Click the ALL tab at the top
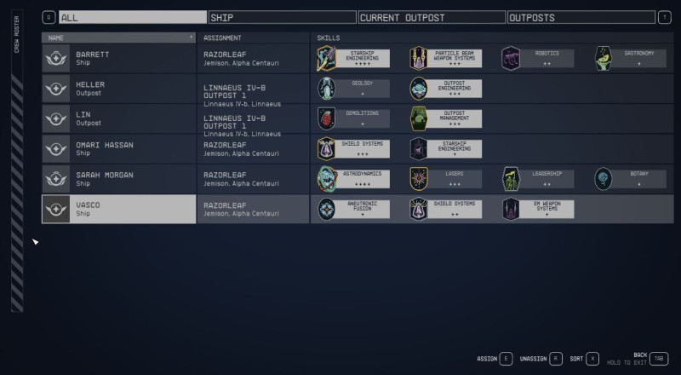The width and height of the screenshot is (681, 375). pyautogui.click(x=133, y=17)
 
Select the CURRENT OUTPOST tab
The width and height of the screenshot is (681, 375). pyautogui.click(x=431, y=17)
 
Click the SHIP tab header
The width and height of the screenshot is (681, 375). pyautogui.click(x=282, y=17)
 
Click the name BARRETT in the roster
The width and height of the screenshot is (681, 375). pyautogui.click(x=93, y=54)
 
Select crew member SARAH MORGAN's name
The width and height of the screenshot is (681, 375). pyautogui.click(x=103, y=175)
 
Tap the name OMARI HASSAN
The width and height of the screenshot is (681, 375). pyautogui.click(x=105, y=145)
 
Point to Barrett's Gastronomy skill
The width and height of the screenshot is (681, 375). pyautogui.click(x=629, y=58)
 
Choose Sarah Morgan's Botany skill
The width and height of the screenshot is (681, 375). pyautogui.click(x=629, y=179)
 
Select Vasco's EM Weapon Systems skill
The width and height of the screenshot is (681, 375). pyautogui.click(x=537, y=210)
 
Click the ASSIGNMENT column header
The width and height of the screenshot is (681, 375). pyautogui.click(x=223, y=37)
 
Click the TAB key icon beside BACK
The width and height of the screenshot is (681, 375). pyautogui.click(x=660, y=359)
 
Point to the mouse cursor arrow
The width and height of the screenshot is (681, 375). pyautogui.click(x=35, y=243)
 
